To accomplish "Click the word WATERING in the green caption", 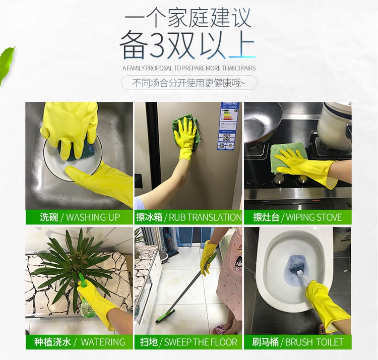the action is click(x=103, y=342).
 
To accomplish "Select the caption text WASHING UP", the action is click(x=93, y=217).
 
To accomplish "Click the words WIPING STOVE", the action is click(x=314, y=217).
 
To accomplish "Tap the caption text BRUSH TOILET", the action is click(x=314, y=342).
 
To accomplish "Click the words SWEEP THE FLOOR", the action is click(x=201, y=342).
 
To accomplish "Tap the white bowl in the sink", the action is click(x=72, y=157).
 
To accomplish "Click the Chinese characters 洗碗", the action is click(x=49, y=217).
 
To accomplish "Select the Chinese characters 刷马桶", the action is click(x=266, y=342).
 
